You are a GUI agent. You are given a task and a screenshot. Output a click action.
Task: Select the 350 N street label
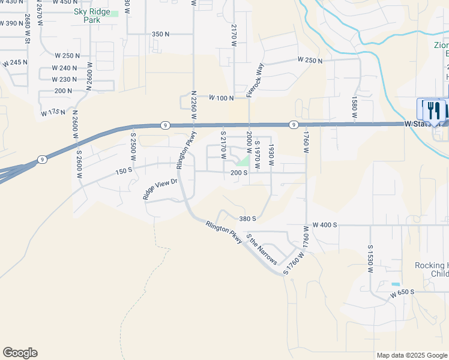[x=160, y=34]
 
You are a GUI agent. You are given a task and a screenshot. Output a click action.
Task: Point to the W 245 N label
[x=15, y=62]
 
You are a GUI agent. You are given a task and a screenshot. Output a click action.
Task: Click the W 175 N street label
[x=53, y=112]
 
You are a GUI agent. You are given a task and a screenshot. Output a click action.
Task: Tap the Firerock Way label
[x=256, y=80]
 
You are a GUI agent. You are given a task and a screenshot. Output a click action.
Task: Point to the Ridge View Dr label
[x=160, y=189]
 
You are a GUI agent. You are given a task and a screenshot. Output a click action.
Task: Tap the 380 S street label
[x=248, y=219]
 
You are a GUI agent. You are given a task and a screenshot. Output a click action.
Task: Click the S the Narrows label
[x=262, y=249]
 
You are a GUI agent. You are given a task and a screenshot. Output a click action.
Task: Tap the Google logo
[x=20, y=353]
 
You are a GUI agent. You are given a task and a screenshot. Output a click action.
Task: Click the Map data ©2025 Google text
[x=411, y=355]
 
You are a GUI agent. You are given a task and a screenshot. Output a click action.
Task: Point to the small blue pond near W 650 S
[x=395, y=284]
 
